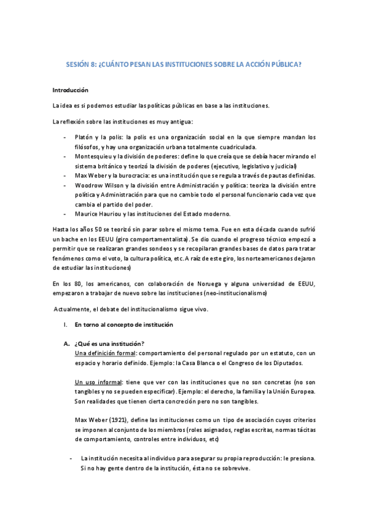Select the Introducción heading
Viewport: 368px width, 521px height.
tap(71, 90)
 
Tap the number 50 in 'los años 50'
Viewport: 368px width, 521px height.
tap(96, 229)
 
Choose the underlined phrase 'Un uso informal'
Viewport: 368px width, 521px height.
tap(97, 382)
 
